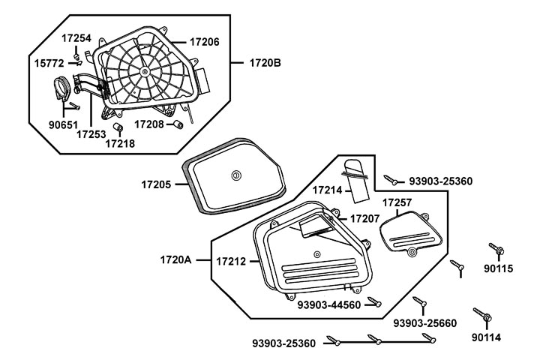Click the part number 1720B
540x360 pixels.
coord(265,63)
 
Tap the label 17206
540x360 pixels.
coord(204,43)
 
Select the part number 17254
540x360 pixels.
coord(76,36)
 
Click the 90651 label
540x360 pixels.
coord(63,125)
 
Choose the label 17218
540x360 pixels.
coord(120,142)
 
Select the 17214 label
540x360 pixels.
coord(327,190)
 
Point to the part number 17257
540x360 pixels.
coord(397,202)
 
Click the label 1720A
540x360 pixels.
coord(175,260)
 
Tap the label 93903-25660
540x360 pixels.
coord(424,322)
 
